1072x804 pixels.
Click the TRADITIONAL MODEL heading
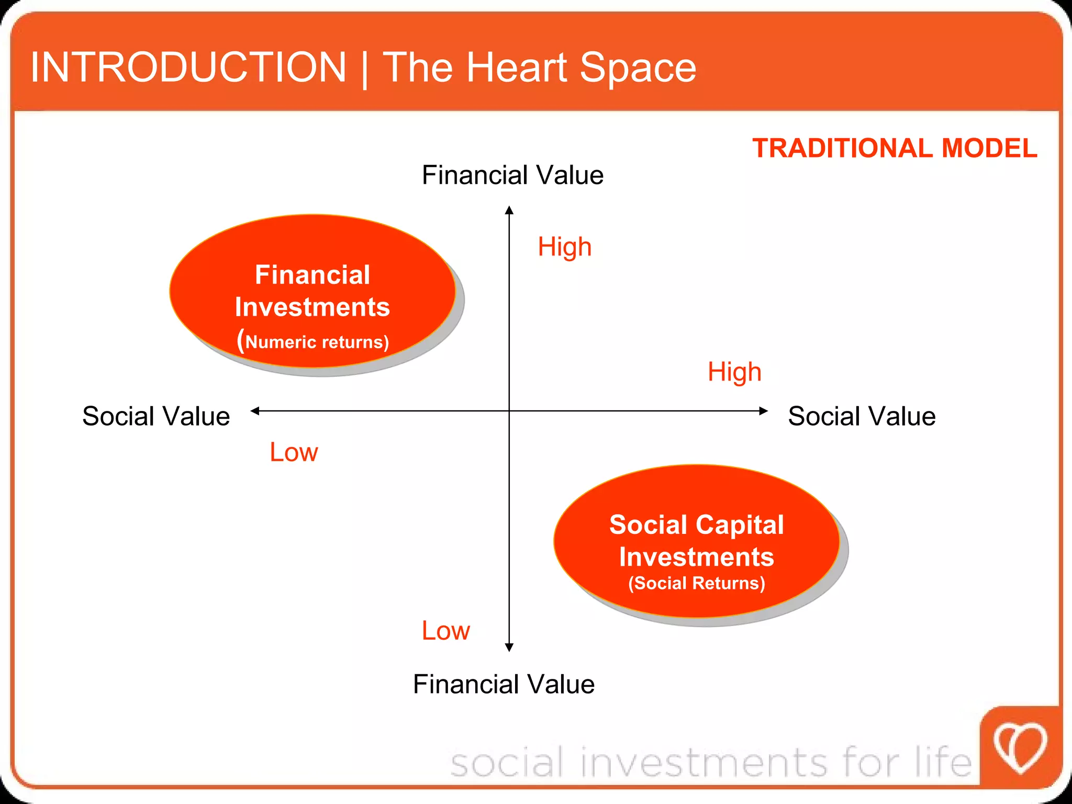(894, 148)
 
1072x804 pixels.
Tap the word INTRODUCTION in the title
(188, 68)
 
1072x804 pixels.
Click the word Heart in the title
(517, 68)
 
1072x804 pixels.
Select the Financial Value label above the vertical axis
(512, 175)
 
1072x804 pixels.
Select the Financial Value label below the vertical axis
(504, 684)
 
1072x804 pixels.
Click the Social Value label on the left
(156, 416)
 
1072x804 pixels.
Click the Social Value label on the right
(862, 416)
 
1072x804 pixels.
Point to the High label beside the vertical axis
(564, 247)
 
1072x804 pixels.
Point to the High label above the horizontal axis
(734, 372)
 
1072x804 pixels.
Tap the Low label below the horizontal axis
(293, 452)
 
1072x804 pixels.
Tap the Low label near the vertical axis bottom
(445, 631)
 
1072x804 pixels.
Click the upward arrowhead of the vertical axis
(509, 210)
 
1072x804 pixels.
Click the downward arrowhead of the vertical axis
(509, 647)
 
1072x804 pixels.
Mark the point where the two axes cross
(509, 411)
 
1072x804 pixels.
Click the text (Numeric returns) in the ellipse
(313, 341)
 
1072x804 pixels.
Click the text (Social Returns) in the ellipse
(696, 583)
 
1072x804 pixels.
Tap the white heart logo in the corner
(1020, 747)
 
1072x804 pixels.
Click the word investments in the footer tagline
(704, 763)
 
